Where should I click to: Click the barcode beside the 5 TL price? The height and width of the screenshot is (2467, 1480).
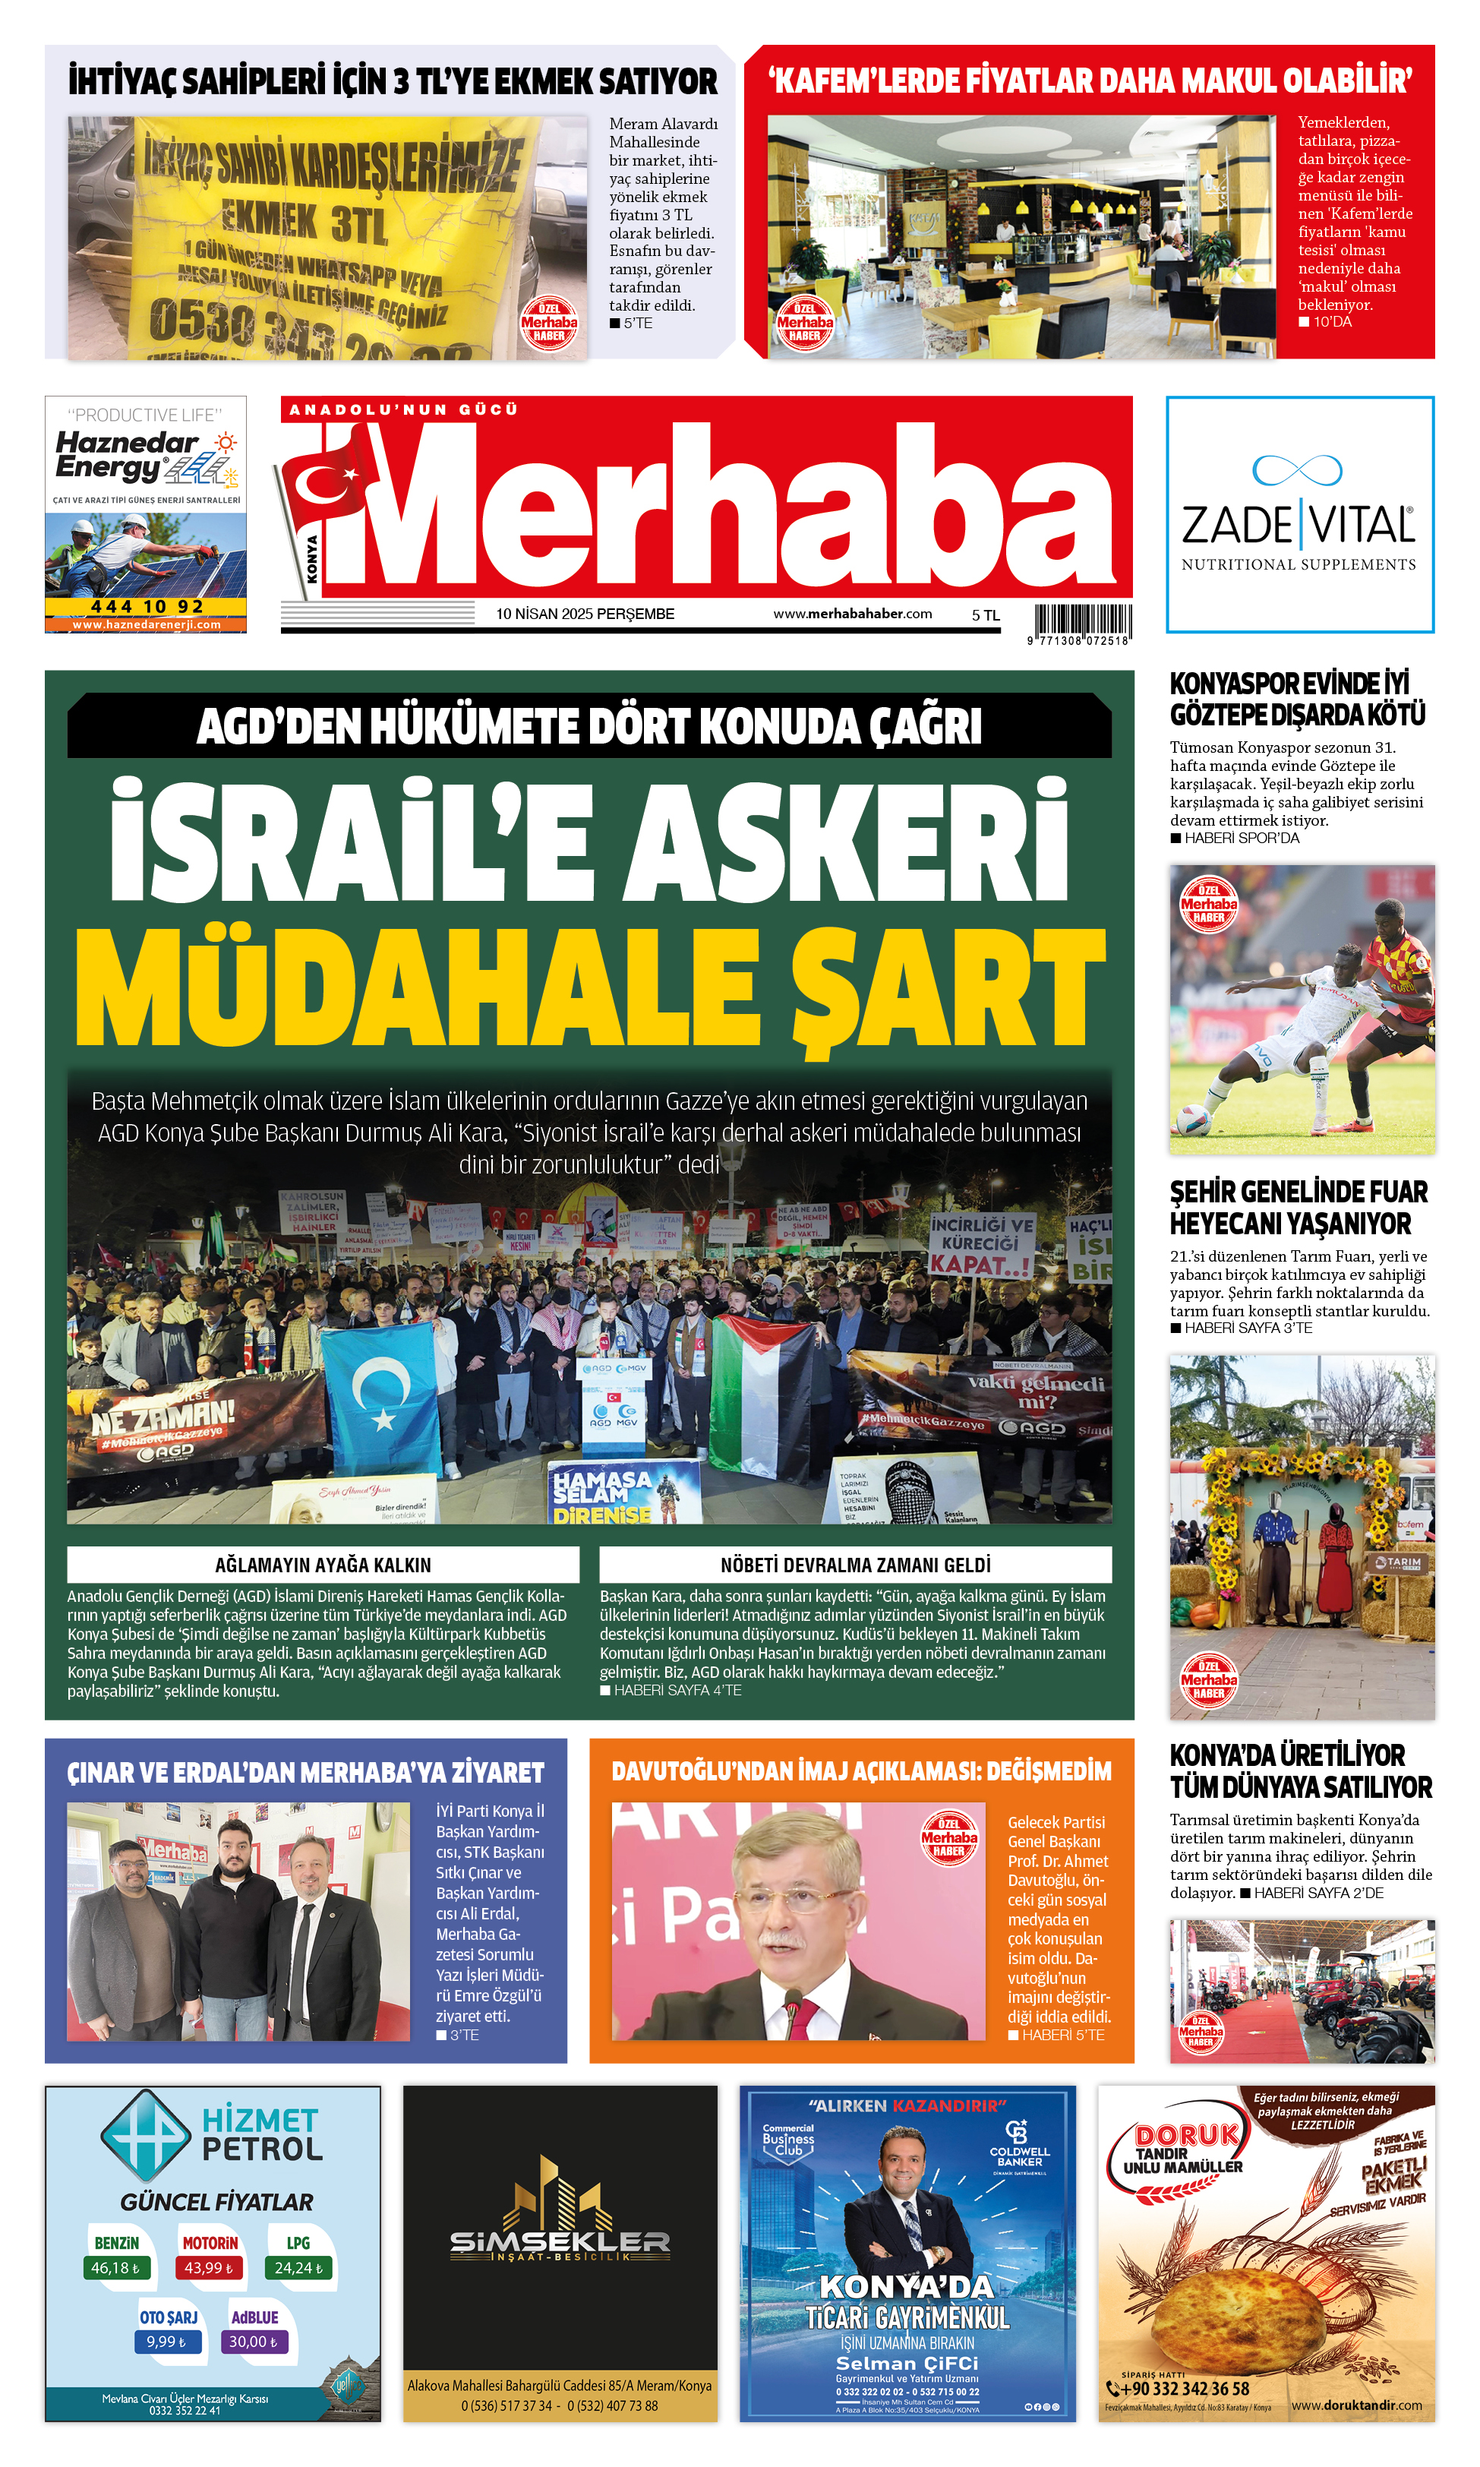click(x=1082, y=620)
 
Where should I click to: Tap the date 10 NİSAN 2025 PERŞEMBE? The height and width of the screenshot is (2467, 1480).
click(x=585, y=614)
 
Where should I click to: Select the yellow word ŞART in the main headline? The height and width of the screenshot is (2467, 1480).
click(x=948, y=987)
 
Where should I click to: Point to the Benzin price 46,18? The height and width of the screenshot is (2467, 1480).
click(x=115, y=2267)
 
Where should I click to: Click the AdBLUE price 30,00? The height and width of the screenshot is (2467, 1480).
click(x=254, y=2342)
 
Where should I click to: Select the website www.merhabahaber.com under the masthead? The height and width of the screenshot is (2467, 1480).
click(x=852, y=614)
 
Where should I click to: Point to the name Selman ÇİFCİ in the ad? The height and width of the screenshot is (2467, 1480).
click(x=907, y=2363)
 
